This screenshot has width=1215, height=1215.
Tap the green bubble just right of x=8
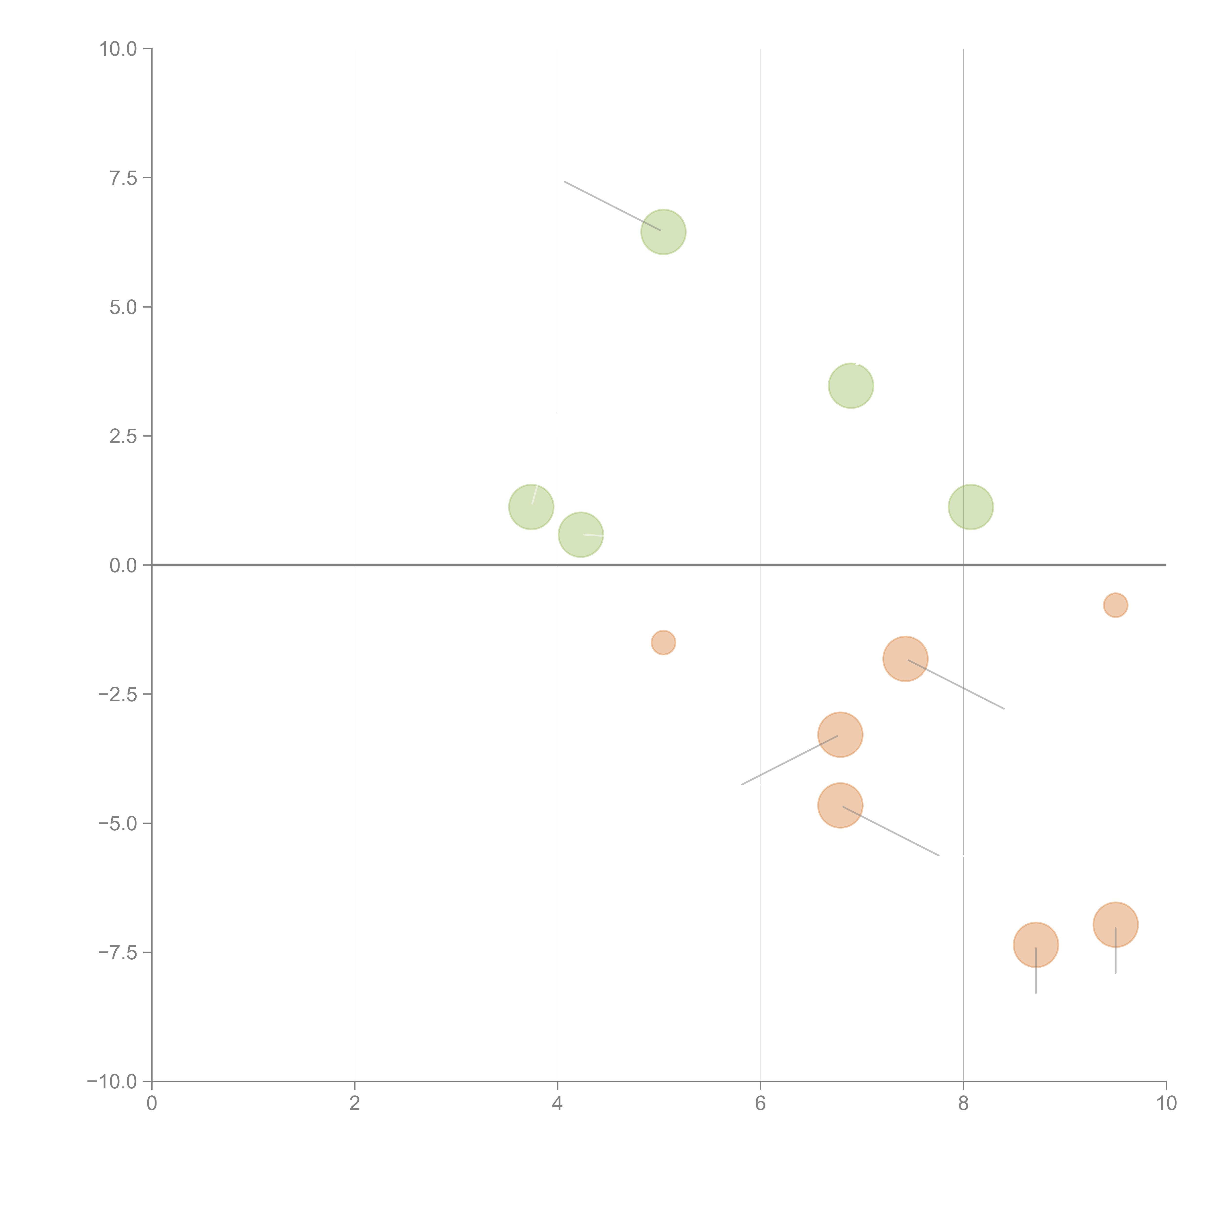[970, 507]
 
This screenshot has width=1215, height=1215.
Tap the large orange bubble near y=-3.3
[840, 735]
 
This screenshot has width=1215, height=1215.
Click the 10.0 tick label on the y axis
[118, 49]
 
